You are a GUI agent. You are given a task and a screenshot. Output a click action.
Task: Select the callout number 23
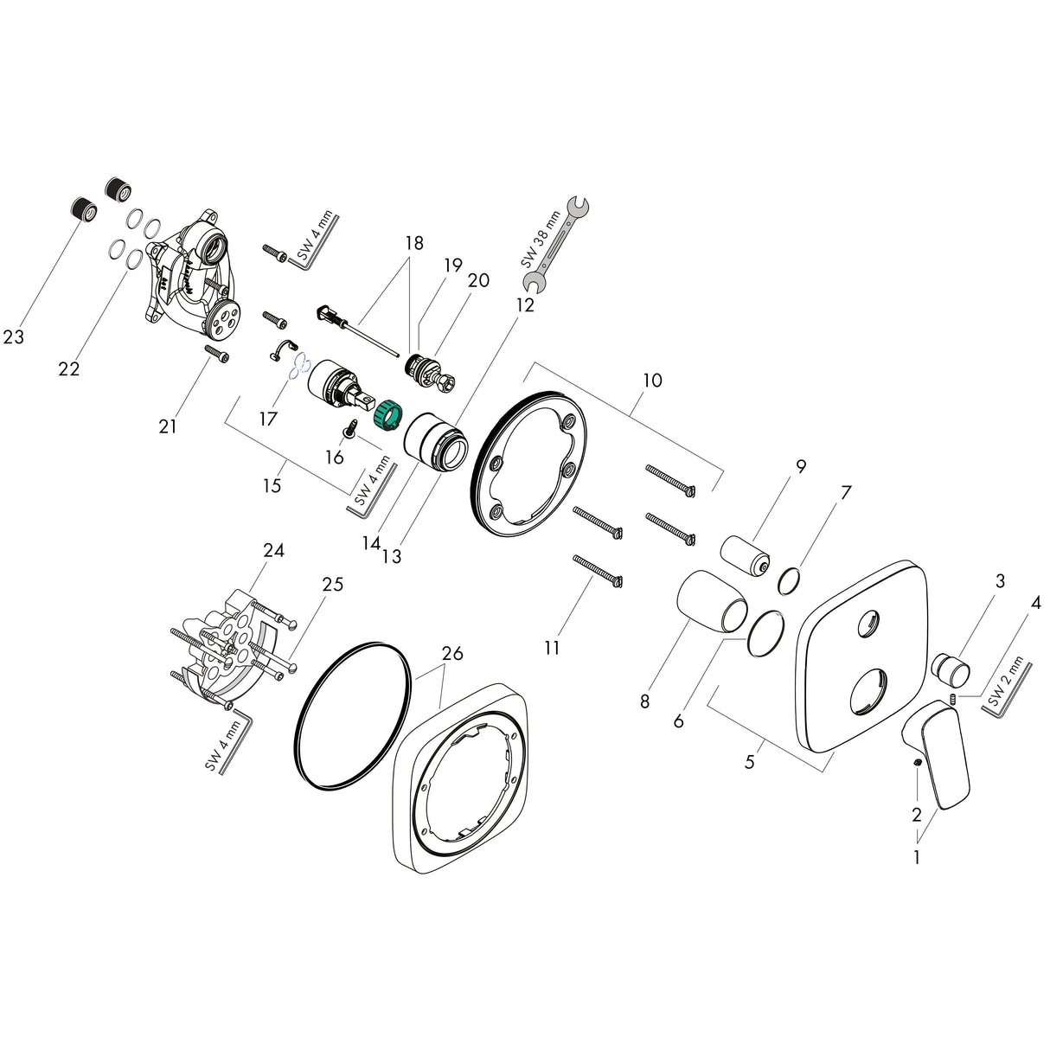pos(14,337)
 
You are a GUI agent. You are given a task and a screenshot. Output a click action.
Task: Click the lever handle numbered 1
pos(938,752)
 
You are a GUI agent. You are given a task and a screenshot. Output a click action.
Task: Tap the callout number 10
pos(652,380)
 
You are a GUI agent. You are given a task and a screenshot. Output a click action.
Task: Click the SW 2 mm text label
pos(1005,684)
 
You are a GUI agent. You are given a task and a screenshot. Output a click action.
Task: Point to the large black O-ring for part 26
pos(345,715)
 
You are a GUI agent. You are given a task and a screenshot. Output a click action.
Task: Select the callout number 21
pos(168,426)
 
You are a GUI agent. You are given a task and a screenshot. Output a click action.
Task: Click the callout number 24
pos(274,550)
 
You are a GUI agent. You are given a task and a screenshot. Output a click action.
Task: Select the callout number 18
pos(413,243)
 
